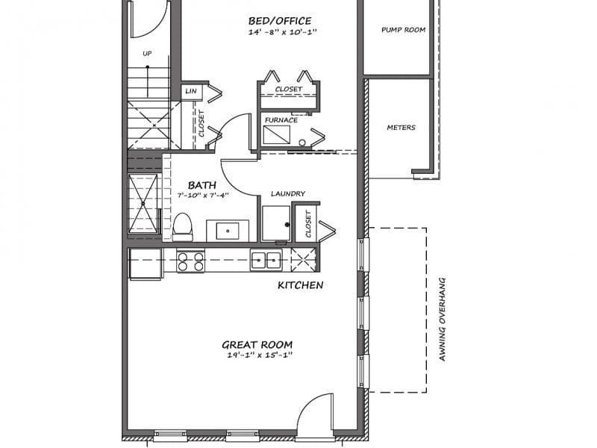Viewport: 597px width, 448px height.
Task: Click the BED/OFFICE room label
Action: [280, 21]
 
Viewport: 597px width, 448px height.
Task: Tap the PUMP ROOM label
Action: [403, 30]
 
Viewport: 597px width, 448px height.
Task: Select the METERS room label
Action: [401, 128]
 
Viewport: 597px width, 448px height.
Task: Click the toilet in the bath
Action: [183, 228]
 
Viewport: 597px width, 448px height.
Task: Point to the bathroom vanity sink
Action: [228, 231]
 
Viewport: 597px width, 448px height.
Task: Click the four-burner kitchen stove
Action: [190, 261]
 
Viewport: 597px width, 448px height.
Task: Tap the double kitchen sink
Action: [266, 261]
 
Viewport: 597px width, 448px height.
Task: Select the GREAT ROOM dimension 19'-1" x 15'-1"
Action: [260, 355]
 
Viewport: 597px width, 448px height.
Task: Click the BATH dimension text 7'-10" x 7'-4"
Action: [203, 196]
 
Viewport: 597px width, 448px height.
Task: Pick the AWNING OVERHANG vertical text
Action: [442, 320]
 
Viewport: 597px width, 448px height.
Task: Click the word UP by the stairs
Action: [147, 54]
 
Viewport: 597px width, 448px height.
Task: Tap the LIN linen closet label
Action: [191, 91]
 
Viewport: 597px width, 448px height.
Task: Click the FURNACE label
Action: [281, 120]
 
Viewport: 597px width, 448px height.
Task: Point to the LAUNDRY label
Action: [288, 194]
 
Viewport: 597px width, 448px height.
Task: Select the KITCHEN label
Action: [301, 285]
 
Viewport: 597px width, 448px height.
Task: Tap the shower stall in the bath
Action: [143, 203]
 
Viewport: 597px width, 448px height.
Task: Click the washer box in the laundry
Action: [276, 223]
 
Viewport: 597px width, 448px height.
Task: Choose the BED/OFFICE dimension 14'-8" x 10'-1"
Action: [283, 31]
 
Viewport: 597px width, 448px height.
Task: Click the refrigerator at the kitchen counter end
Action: [145, 264]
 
